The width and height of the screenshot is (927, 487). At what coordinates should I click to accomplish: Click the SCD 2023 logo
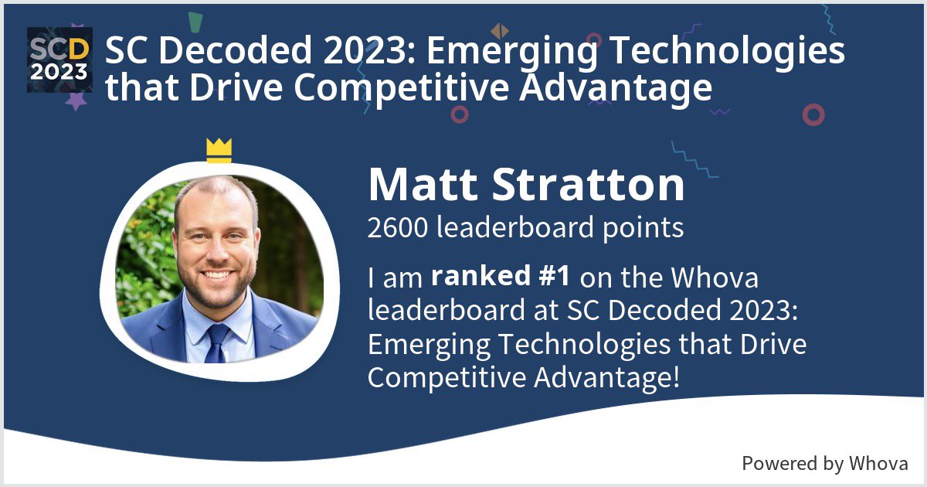click(59, 60)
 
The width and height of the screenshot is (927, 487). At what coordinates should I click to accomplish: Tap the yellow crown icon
click(219, 150)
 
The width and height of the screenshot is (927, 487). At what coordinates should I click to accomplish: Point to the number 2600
click(400, 228)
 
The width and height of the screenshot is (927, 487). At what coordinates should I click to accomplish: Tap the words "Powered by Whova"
click(824, 463)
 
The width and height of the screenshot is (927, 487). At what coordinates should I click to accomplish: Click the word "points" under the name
click(647, 228)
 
